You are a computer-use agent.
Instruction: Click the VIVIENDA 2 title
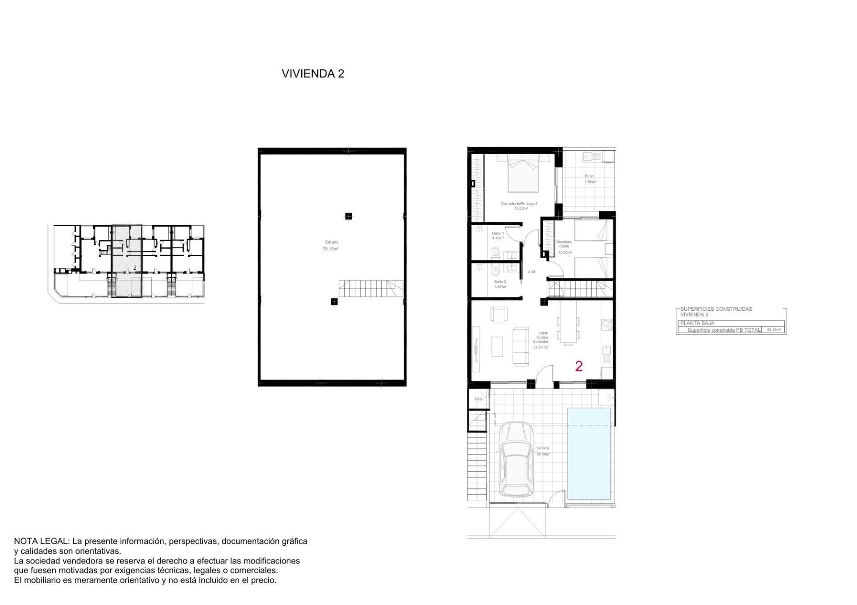(312, 74)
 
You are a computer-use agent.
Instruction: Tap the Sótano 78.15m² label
(330, 246)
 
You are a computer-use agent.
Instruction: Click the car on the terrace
(516, 459)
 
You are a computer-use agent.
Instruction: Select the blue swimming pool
(589, 453)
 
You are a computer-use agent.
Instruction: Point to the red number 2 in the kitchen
(579, 366)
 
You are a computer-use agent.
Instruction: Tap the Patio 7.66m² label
(590, 179)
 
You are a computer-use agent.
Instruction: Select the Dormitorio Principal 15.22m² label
(518, 206)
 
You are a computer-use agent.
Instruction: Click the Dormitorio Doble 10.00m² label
(564, 247)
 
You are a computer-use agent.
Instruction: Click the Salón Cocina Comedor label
(541, 340)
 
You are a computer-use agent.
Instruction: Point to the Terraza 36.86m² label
(543, 451)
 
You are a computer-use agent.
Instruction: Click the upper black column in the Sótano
(348, 216)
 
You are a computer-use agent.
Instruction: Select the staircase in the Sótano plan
(370, 288)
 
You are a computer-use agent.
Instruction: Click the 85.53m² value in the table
(774, 330)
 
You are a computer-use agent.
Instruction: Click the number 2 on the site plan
(135, 268)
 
